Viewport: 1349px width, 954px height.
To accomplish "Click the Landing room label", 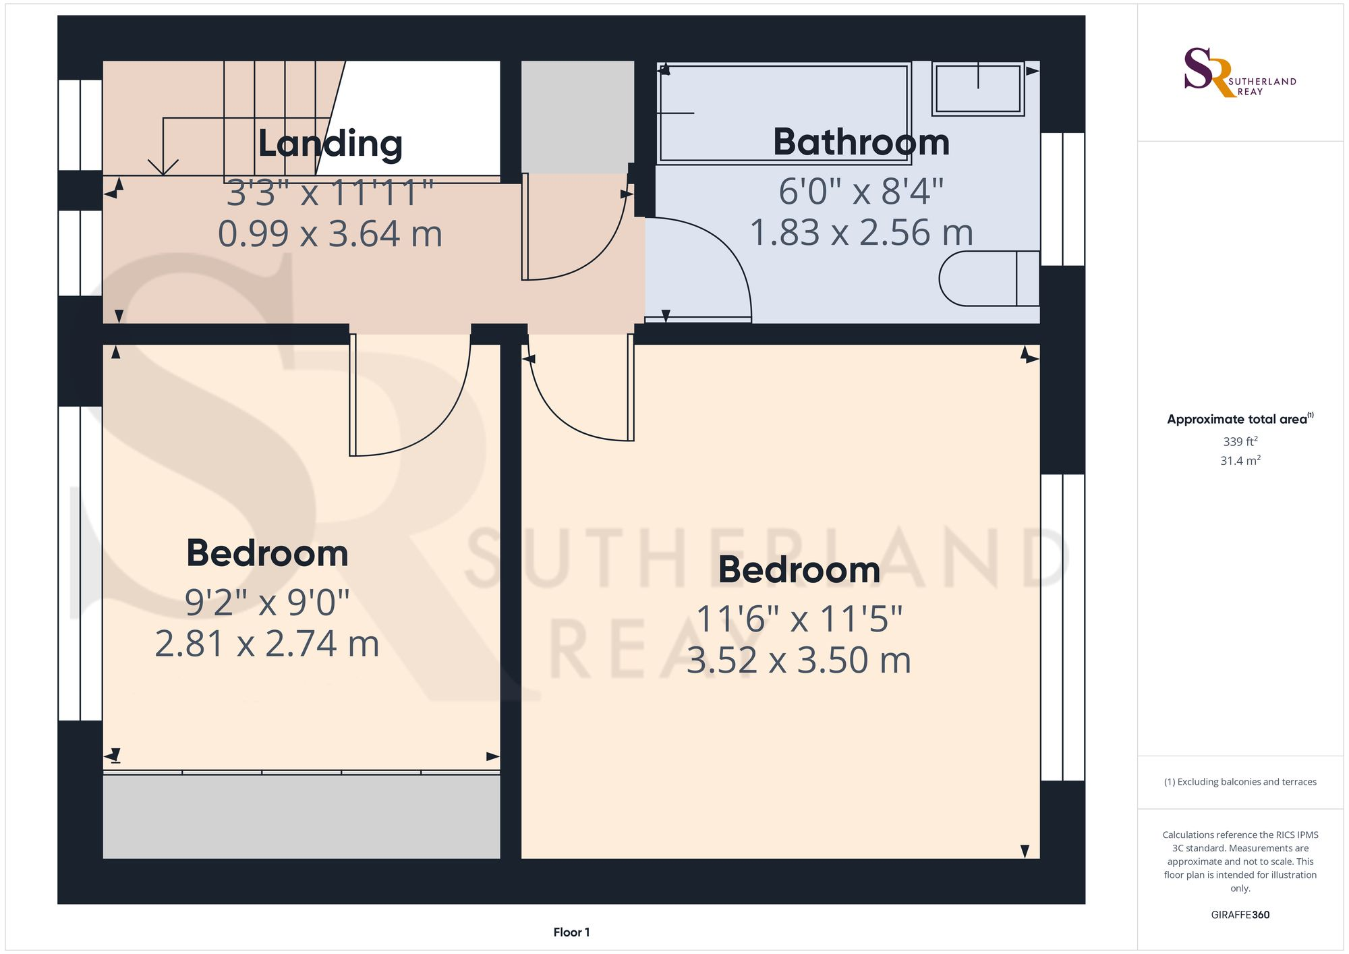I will coord(331,144).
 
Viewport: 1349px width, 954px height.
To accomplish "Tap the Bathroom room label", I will coord(861,142).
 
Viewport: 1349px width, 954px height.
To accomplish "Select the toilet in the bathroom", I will coord(988,278).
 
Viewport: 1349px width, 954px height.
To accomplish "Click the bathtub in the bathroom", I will coord(784,113).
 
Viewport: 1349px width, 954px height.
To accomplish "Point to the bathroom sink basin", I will coord(978,88).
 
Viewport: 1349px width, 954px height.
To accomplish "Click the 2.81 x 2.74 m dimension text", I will coord(267,644).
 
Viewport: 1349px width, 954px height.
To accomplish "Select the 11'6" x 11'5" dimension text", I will coord(799,619).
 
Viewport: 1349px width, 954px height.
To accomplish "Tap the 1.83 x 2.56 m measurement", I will coord(861,233).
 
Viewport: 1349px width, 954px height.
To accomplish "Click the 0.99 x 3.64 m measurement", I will coord(330,234).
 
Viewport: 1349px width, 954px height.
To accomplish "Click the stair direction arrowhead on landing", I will coord(163,167).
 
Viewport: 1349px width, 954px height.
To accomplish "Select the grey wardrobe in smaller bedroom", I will coord(301,816).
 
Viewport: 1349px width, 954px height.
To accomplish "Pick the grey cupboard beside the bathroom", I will coord(577,116).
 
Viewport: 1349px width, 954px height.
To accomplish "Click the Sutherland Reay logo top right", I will coord(1239,72).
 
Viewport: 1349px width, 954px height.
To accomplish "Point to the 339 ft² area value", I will coord(1240,441).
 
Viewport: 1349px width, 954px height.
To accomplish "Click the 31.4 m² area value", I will coord(1240,461).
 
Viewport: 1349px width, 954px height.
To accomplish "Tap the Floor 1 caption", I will coord(571,932).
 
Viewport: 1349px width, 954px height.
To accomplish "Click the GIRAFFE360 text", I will coord(1240,915).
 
